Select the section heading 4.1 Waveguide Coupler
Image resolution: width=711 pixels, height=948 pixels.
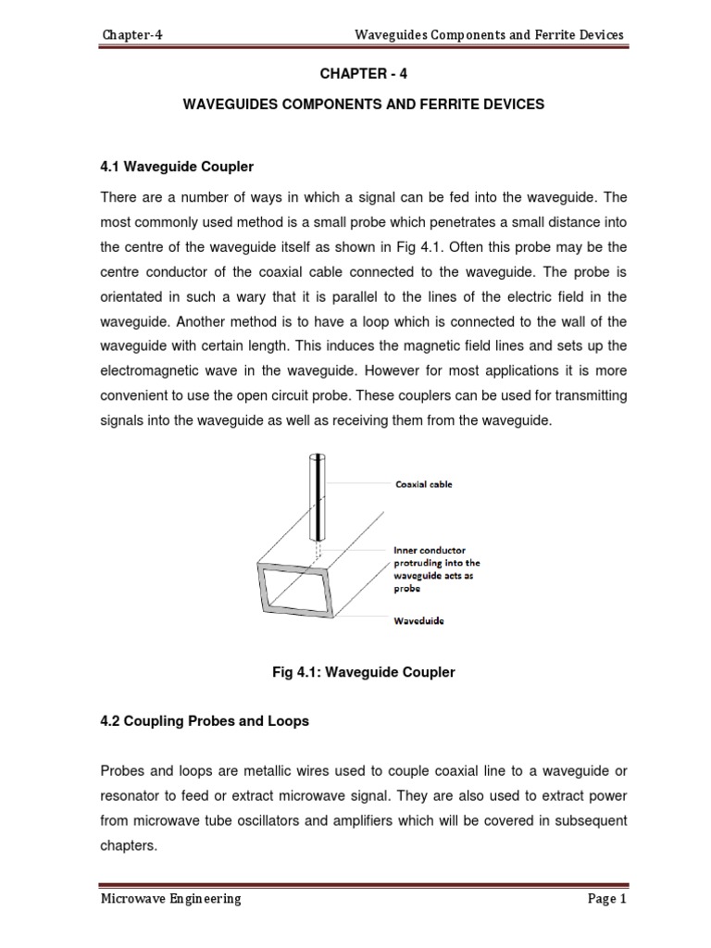click(x=175, y=167)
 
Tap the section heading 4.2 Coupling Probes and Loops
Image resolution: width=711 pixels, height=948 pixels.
click(x=204, y=722)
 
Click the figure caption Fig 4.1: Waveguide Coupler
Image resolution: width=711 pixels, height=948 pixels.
click(x=359, y=672)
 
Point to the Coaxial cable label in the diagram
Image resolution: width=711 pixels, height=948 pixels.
click(x=423, y=484)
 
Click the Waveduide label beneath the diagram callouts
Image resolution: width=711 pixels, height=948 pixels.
click(x=413, y=621)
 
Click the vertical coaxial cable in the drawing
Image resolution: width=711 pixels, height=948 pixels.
click(x=317, y=500)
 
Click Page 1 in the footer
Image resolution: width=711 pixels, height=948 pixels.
click(x=605, y=898)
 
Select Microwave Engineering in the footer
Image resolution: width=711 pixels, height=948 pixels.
click(x=171, y=898)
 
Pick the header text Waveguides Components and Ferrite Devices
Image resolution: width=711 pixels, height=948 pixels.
click(x=490, y=35)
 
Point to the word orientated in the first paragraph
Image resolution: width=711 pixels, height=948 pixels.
click(x=136, y=296)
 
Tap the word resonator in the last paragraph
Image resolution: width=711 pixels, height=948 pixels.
click(x=136, y=795)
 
